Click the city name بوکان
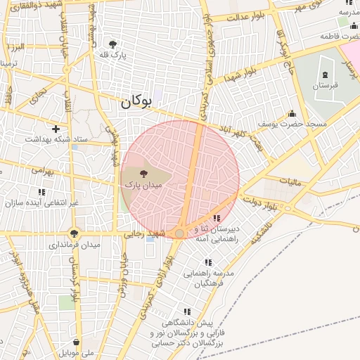click(x=136, y=101)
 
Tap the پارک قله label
click(x=112, y=54)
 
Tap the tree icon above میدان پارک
click(x=144, y=172)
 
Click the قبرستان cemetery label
click(x=325, y=85)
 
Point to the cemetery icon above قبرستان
click(x=325, y=74)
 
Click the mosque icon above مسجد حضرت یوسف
click(x=292, y=113)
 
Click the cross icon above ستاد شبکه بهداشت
click(x=56, y=129)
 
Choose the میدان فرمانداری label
click(x=75, y=245)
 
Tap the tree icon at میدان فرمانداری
click(x=74, y=233)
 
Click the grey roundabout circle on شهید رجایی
click(x=180, y=233)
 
